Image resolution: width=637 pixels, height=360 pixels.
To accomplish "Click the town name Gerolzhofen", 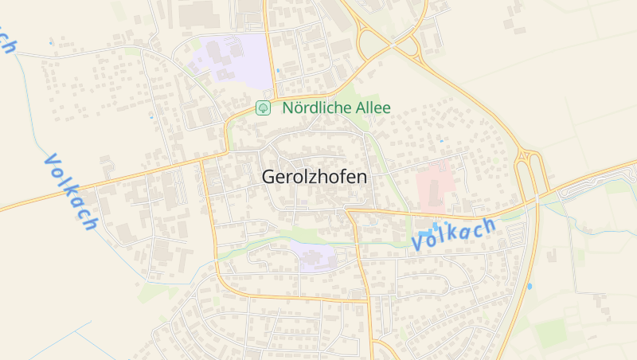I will [x=315, y=177].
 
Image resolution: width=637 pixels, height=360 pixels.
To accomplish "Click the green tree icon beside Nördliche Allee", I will [x=262, y=107].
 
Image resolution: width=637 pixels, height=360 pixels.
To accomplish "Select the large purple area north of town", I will [x=231, y=60].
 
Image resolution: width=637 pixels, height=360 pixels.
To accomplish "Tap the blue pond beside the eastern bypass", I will [x=530, y=285].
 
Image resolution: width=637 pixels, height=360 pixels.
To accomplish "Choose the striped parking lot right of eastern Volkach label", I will [x=517, y=233].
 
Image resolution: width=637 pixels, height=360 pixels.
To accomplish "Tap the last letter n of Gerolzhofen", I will [x=362, y=177].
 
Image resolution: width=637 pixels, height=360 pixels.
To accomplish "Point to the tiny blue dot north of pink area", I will [x=441, y=141].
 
